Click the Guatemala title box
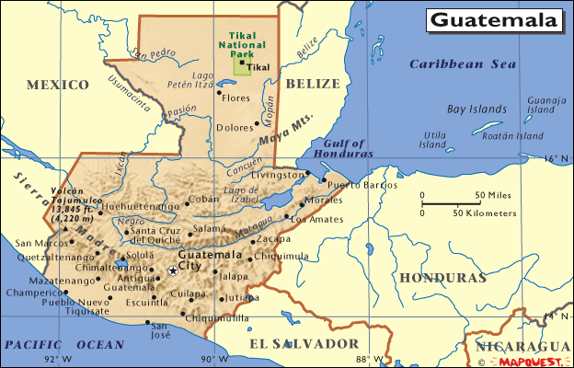tap(495, 19)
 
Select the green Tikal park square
tap(242, 64)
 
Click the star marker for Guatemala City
tap(173, 270)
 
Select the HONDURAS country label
tap(437, 276)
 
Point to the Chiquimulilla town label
tap(216, 318)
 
